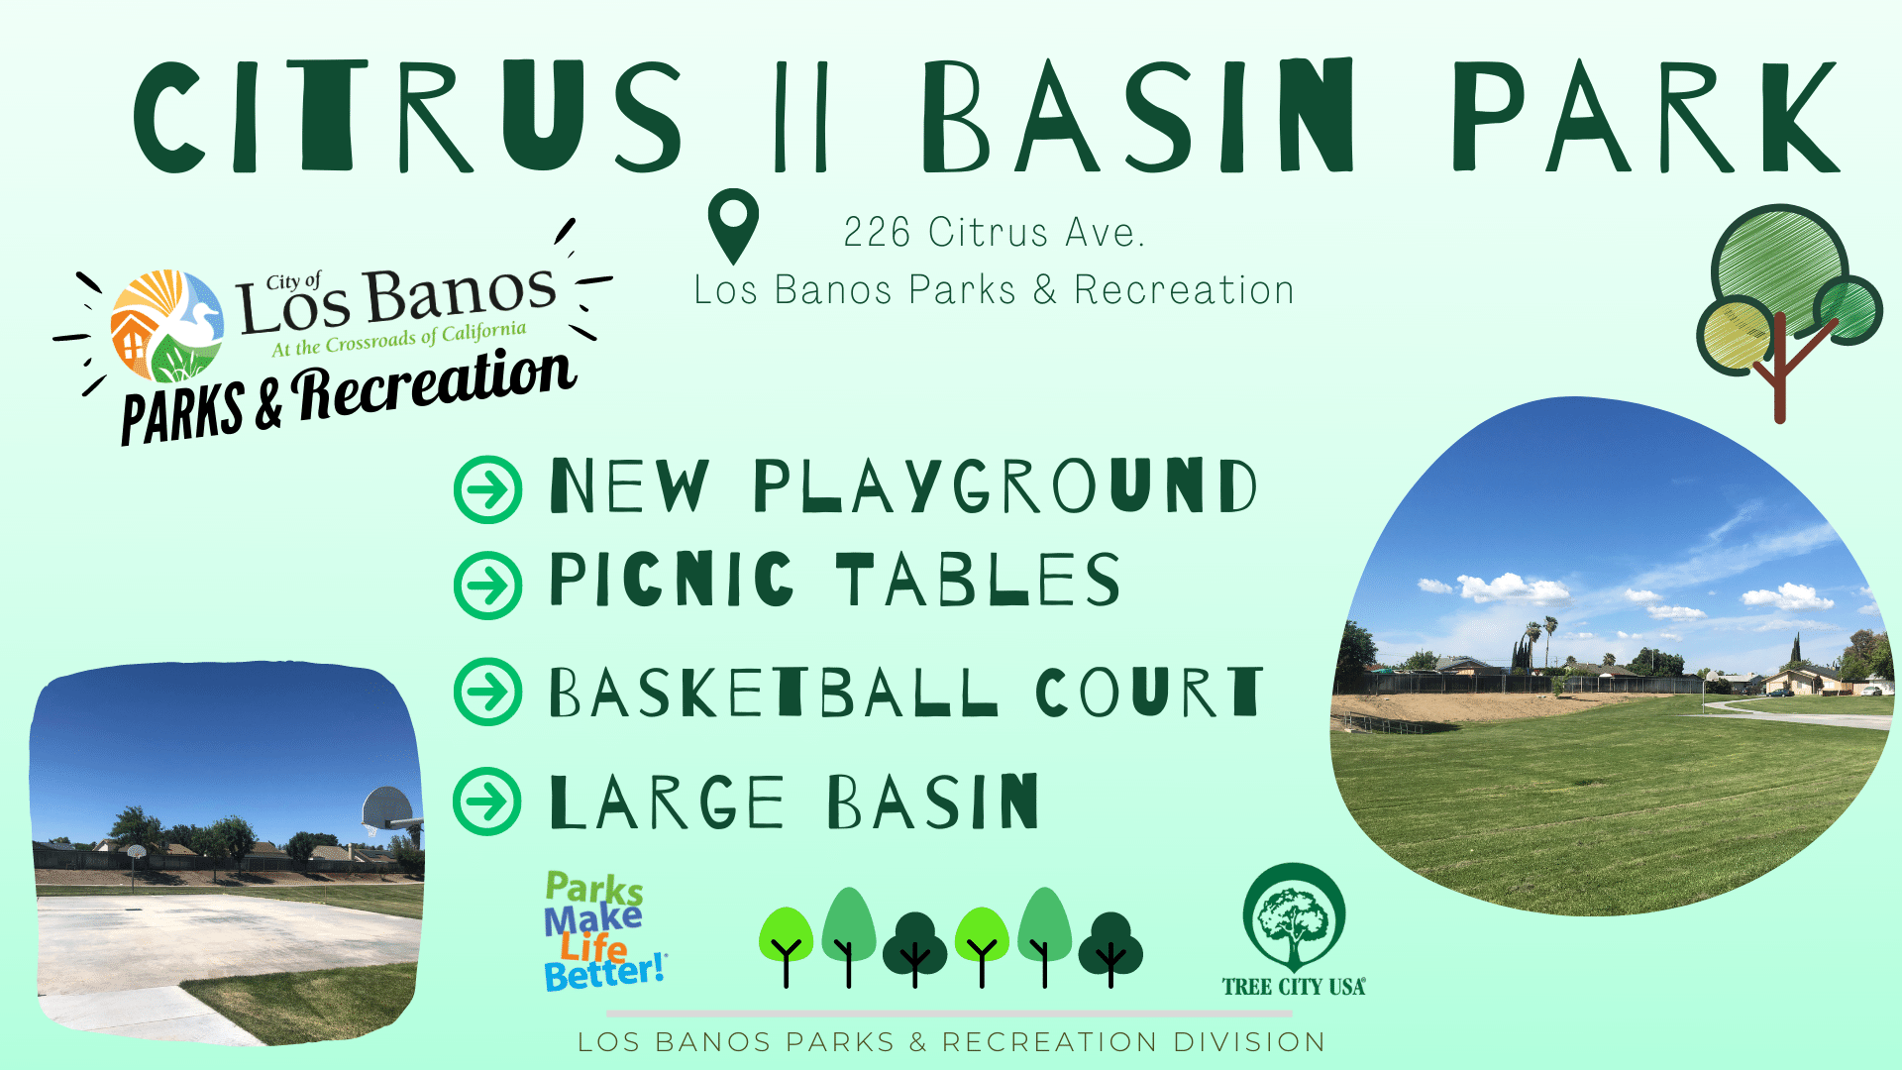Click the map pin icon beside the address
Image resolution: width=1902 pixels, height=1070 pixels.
click(x=733, y=224)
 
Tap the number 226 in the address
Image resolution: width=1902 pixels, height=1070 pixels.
click(x=877, y=233)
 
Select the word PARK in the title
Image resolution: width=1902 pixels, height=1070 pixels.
click(x=1644, y=117)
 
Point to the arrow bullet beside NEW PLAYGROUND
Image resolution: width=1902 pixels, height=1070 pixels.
click(x=487, y=489)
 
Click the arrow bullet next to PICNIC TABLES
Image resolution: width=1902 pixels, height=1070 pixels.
click(x=487, y=586)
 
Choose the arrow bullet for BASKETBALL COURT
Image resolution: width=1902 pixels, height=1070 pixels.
click(x=487, y=692)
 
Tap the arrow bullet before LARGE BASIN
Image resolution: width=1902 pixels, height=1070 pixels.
click(x=487, y=802)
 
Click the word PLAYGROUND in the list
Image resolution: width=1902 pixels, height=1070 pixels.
click(x=1004, y=486)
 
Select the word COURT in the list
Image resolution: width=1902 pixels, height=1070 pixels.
click(x=1149, y=692)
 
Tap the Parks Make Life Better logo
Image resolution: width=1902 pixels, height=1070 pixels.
click(x=602, y=931)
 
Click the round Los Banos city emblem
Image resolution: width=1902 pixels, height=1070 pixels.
click(x=166, y=325)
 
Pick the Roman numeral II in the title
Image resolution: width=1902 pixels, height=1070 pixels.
click(x=800, y=117)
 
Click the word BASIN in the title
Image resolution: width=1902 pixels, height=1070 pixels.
click(x=1137, y=117)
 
